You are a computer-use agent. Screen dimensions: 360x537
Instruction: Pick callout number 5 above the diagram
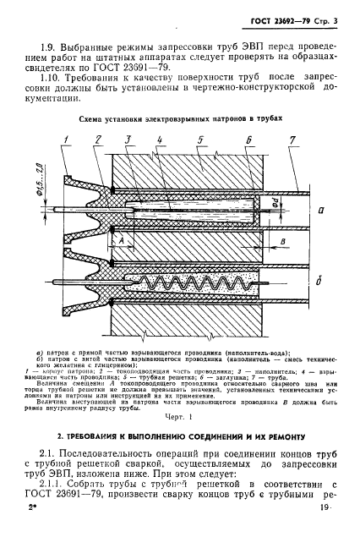198,138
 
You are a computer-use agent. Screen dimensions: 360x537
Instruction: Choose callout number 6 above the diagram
249,138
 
